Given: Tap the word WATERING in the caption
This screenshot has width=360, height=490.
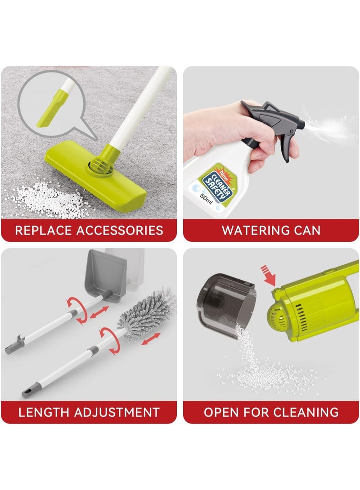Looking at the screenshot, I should pyautogui.click(x=254, y=231).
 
